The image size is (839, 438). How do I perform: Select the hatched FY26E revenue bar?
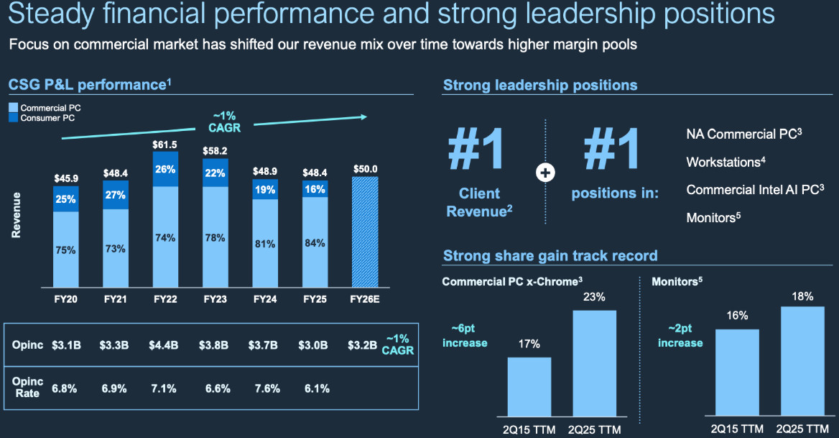[x=364, y=232]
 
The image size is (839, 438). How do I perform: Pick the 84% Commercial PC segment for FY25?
[x=315, y=242]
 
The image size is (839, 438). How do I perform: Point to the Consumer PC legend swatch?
[x=14, y=118]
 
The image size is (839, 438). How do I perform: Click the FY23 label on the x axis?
[x=215, y=298]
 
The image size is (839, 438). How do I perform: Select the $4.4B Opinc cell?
[x=164, y=345]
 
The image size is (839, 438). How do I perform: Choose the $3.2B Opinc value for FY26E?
[x=361, y=345]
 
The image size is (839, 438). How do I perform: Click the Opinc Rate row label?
[x=27, y=388]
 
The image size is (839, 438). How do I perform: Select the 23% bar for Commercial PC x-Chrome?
[x=594, y=363]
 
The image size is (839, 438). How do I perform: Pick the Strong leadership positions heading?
[x=539, y=85]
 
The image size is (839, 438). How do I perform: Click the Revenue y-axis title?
[x=17, y=214]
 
